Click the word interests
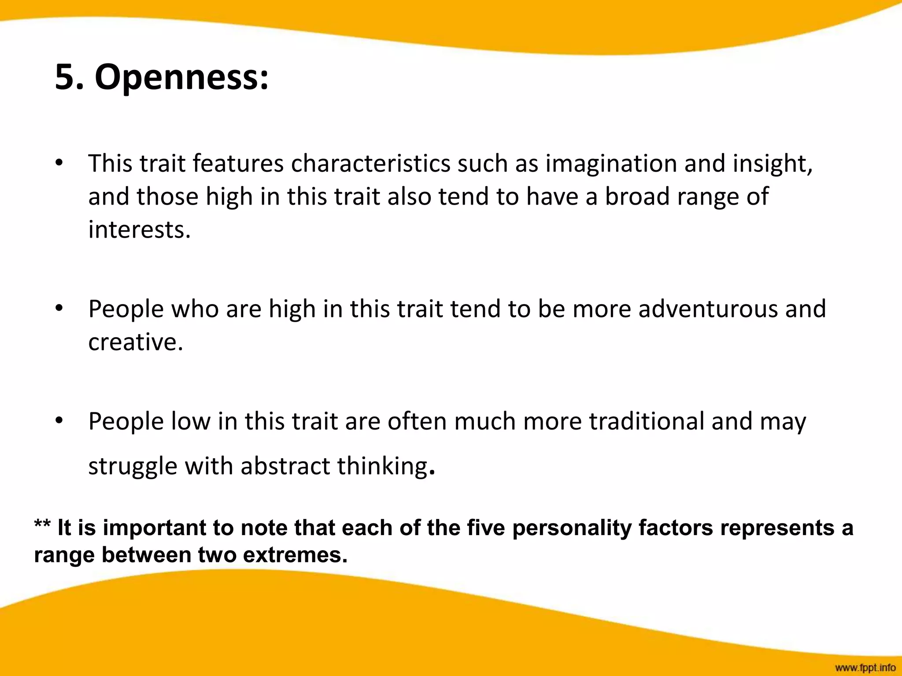(x=139, y=229)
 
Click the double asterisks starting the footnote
(x=42, y=525)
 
